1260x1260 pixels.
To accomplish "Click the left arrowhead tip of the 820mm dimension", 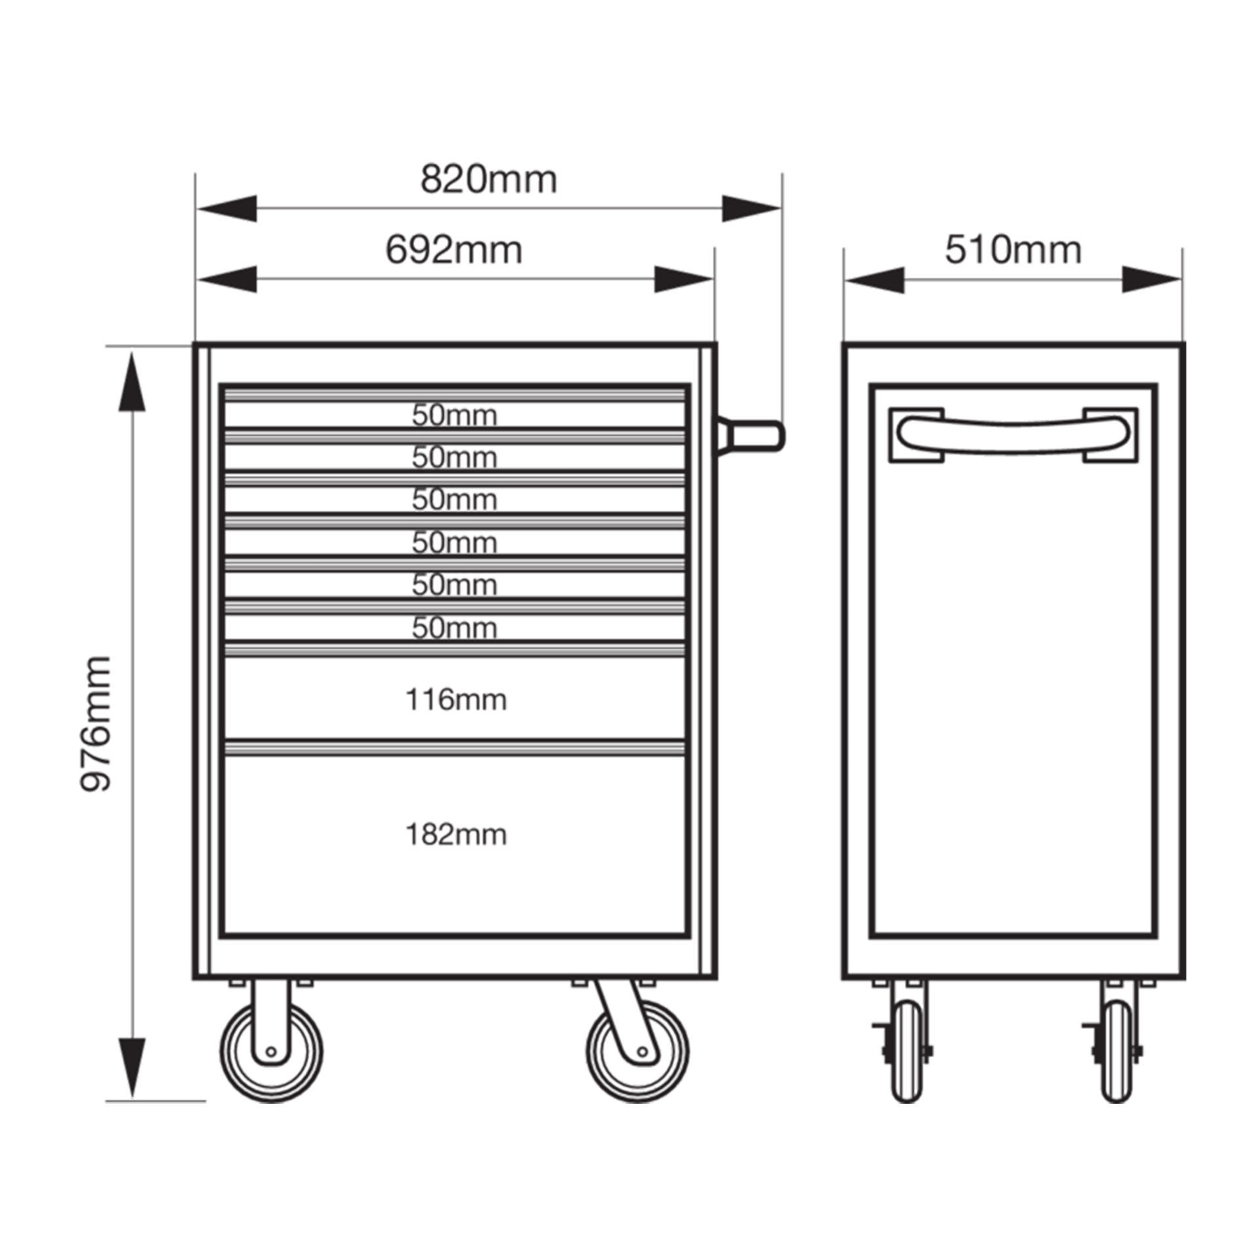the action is [196, 209].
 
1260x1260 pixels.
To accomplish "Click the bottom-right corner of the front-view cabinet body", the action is [716, 997].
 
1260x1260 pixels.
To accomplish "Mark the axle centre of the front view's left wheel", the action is [270, 1070].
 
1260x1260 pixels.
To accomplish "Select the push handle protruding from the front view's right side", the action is [750, 434].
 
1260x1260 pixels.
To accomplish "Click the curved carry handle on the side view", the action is [1013, 434].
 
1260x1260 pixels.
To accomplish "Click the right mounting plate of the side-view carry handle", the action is [1110, 434].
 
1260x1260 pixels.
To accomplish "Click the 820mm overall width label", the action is [488, 179].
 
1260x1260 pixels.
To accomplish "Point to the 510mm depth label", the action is [1013, 250].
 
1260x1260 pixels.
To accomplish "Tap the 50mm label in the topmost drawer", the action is [454, 415].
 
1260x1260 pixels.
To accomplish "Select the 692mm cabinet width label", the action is [453, 250].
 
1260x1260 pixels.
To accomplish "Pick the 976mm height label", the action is [96, 723].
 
